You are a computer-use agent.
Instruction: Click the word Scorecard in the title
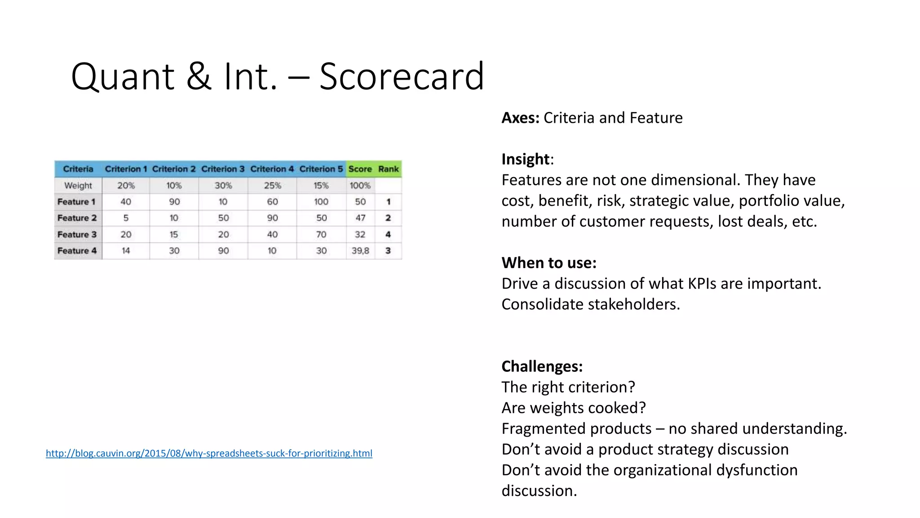pos(402,76)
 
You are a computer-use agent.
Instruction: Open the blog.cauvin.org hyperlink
pos(209,453)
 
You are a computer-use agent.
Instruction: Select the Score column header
pos(360,169)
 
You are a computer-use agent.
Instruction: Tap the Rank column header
pos(388,169)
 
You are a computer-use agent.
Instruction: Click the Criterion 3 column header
pos(223,169)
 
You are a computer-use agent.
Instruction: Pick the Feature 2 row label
pos(77,218)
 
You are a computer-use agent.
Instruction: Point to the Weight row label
pos(78,185)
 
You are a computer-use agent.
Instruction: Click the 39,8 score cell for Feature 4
pos(360,251)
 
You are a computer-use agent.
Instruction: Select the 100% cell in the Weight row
pos(360,185)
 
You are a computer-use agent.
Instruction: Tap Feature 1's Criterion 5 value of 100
pos(321,202)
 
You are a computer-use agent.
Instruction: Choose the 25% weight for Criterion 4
pos(272,185)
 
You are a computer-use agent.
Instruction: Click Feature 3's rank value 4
pos(388,234)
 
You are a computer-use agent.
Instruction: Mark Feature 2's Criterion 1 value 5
pos(126,218)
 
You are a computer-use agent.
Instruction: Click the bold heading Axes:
pos(520,118)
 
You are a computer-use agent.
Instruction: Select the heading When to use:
pos(549,263)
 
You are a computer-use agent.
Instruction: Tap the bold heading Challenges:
pos(542,366)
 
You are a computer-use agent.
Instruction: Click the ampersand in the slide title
pos(199,76)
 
